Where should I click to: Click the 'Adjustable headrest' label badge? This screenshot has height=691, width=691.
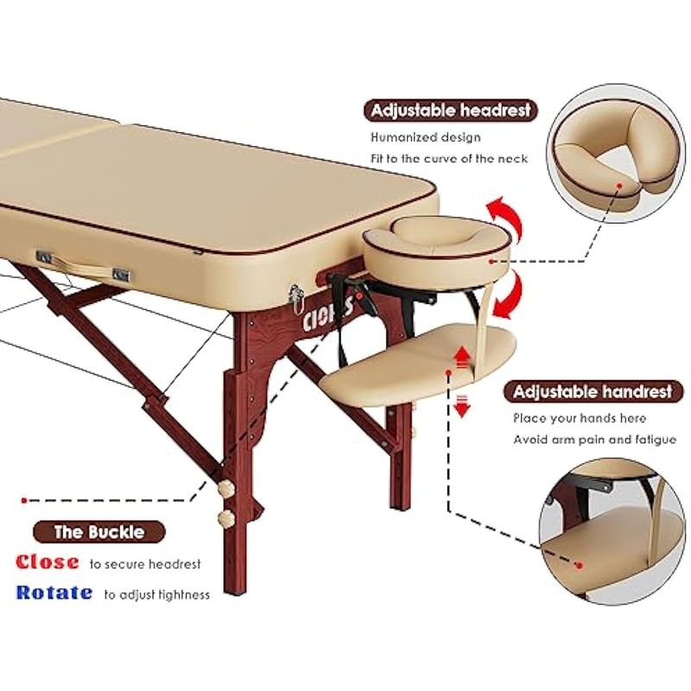point(451,111)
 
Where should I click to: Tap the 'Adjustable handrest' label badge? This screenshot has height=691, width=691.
point(593,391)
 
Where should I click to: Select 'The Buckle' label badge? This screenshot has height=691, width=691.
point(99,532)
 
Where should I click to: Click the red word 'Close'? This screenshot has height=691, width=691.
point(48,562)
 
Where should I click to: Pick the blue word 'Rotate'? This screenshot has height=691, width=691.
point(54,593)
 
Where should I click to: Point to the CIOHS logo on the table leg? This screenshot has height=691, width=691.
point(328,314)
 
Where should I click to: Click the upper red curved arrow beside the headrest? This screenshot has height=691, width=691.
point(506,216)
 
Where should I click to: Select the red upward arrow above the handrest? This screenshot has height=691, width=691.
point(461,357)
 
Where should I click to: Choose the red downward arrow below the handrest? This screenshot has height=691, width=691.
point(461,406)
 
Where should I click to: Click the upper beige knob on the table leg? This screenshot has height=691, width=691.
point(226,488)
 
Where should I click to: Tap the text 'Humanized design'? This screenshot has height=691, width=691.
point(425,137)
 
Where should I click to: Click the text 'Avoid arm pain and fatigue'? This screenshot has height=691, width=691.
point(594,440)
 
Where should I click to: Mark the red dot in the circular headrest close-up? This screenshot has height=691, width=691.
point(619,186)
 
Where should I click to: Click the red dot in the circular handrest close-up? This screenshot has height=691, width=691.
point(580,565)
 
